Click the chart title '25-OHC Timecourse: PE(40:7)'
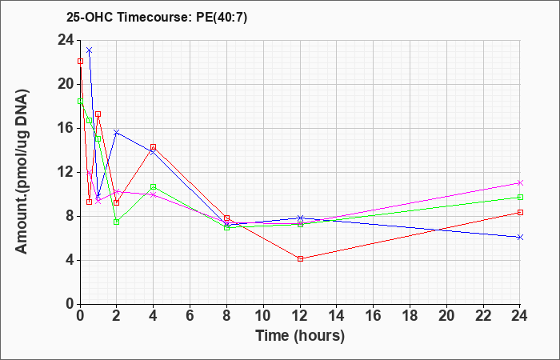click(157, 18)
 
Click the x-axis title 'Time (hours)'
click(300, 336)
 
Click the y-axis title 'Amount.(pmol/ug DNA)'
click(22, 172)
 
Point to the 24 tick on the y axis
click(66, 41)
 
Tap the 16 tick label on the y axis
click(66, 129)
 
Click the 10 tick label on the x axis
click(263, 316)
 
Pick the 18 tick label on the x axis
click(410, 316)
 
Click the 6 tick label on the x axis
click(190, 316)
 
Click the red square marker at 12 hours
click(300, 259)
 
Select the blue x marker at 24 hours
click(520, 237)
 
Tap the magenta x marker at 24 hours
click(520, 183)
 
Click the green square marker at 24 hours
click(520, 197)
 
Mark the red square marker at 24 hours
click(520, 213)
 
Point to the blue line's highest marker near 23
click(90, 50)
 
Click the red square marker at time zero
click(80, 62)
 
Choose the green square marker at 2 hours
click(117, 222)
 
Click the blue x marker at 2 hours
click(117, 133)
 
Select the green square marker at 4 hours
click(154, 186)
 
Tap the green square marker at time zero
click(80, 101)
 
